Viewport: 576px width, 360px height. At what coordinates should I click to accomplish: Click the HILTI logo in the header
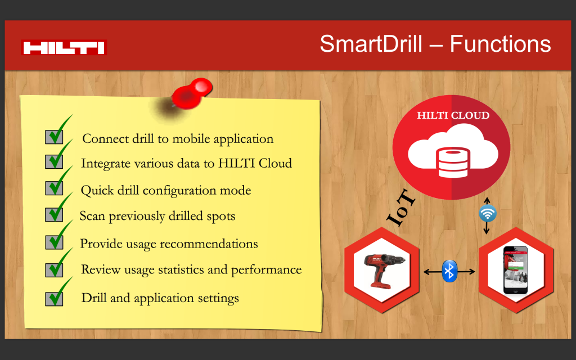[64, 47]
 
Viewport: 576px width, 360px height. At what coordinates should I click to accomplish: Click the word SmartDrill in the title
[371, 44]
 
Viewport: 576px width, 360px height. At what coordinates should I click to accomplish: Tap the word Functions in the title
[500, 44]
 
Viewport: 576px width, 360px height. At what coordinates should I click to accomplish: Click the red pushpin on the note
[192, 94]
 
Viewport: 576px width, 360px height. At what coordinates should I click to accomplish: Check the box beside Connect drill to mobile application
[54, 137]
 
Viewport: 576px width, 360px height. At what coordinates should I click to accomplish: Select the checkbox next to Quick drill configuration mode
[54, 188]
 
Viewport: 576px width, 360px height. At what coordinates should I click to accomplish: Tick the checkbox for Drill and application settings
[54, 299]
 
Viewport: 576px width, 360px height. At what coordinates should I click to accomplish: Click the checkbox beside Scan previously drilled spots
[54, 214]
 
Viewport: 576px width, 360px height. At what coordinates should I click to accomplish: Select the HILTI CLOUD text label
[453, 115]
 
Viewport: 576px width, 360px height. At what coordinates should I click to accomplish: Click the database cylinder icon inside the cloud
[453, 163]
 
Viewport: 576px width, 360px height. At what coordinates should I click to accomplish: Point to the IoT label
[401, 208]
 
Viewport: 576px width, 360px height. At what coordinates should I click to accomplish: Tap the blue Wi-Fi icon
[488, 213]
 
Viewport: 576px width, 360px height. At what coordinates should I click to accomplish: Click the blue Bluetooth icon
[449, 271]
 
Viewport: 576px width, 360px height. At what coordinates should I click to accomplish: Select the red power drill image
[384, 269]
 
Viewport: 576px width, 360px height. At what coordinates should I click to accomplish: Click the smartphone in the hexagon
[515, 270]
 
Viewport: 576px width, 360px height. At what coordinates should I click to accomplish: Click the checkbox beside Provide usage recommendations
[54, 242]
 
